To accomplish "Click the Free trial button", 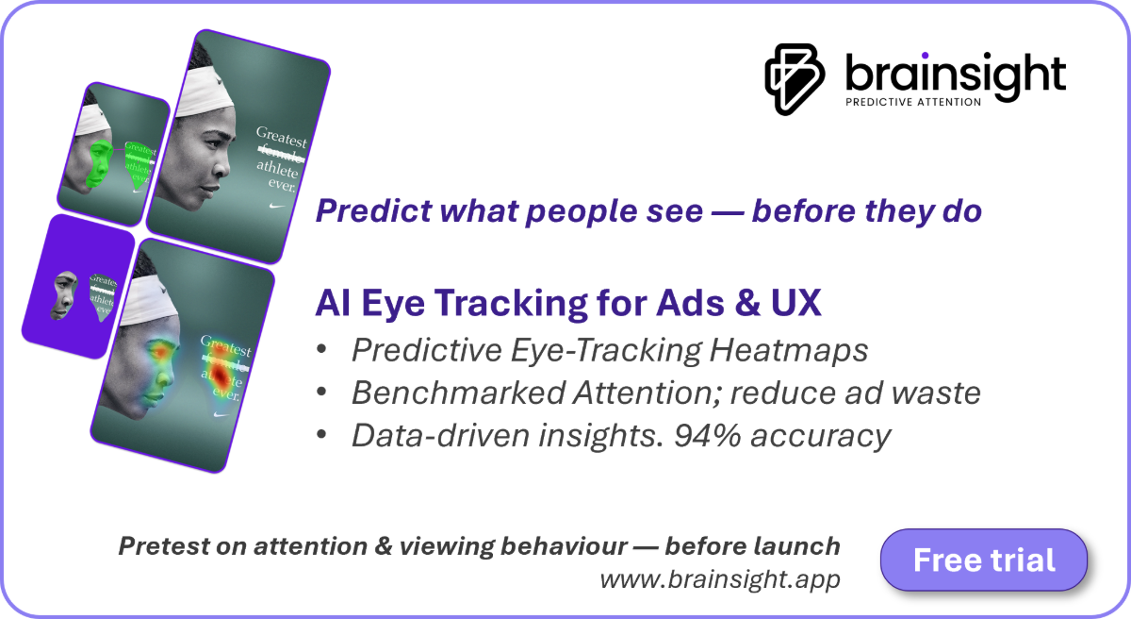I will click(x=983, y=560).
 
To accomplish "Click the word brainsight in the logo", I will click(x=954, y=74).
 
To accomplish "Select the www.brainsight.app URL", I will click(x=719, y=578).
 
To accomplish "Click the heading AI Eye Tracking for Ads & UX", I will click(x=567, y=303).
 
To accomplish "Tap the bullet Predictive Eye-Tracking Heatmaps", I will click(x=609, y=349).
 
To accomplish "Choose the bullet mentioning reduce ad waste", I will click(x=665, y=393).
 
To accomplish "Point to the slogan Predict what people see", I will click(x=648, y=211).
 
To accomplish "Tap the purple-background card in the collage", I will click(x=78, y=286).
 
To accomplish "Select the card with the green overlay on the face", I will click(x=113, y=149).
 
